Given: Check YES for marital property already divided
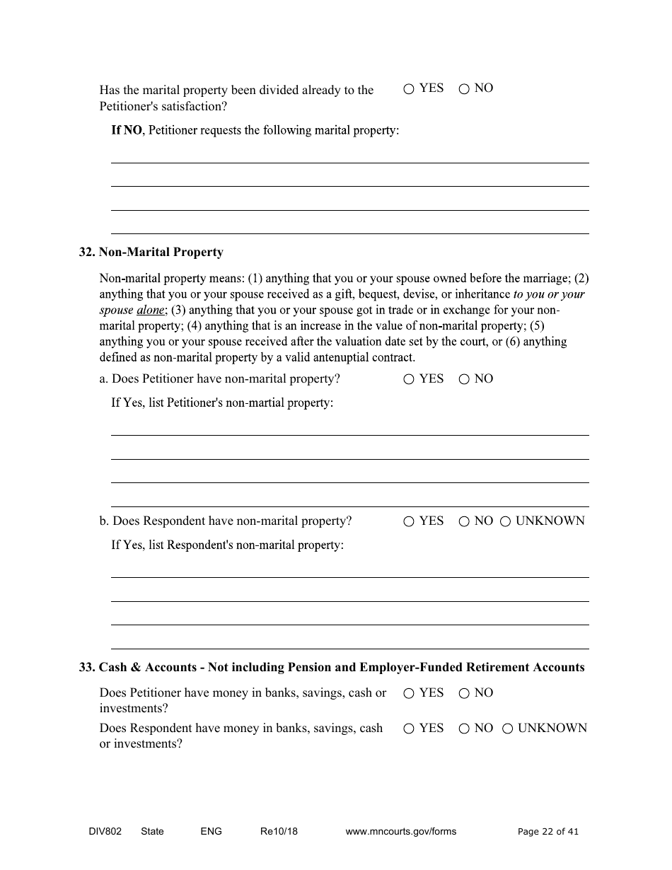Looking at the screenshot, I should pyautogui.click(x=409, y=89).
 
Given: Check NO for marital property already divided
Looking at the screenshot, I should pyautogui.click(x=464, y=89).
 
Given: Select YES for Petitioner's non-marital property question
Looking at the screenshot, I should pyautogui.click(x=409, y=380).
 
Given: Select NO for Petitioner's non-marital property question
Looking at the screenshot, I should pyautogui.click(x=464, y=380).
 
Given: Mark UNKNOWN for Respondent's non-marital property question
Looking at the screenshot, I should pyautogui.click(x=505, y=522).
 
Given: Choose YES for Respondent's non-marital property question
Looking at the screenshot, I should pyautogui.click(x=409, y=522).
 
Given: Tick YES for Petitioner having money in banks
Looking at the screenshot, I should pyautogui.click(x=409, y=694).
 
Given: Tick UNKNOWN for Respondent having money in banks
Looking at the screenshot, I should pyautogui.click(x=507, y=729).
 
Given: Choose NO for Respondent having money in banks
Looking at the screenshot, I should pyautogui.click(x=464, y=729).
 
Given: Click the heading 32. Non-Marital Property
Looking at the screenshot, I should pyautogui.click(x=151, y=253).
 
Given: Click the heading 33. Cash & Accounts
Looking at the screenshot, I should pyautogui.click(x=331, y=668).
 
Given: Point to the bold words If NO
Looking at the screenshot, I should pyautogui.click(x=127, y=131).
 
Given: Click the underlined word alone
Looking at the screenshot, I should pyautogui.click(x=150, y=311).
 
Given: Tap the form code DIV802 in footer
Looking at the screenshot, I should pyautogui.click(x=100, y=832).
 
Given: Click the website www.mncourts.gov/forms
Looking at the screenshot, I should pyautogui.click(x=400, y=832).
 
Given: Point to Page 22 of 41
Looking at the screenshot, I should pyautogui.click(x=548, y=832).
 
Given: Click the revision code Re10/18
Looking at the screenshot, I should pyautogui.click(x=279, y=832).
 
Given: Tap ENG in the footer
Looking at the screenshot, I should pyautogui.click(x=211, y=832).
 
